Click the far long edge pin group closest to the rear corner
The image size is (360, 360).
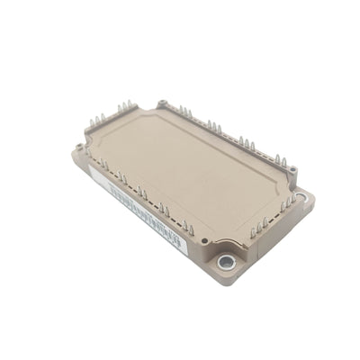click(184, 112)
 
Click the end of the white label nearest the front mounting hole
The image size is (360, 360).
click(180, 241)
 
